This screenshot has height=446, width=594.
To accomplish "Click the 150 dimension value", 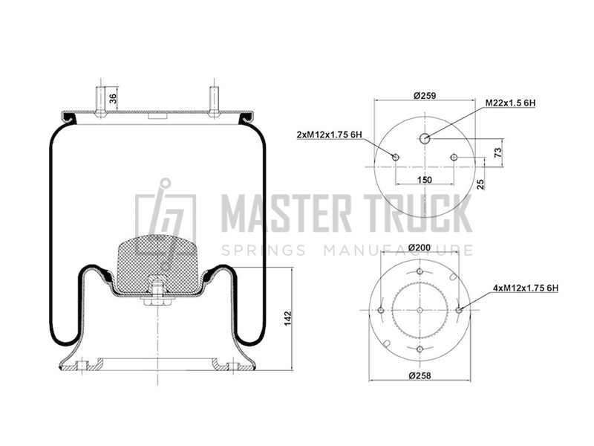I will point(424,179).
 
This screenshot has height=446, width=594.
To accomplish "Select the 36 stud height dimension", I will point(113,97).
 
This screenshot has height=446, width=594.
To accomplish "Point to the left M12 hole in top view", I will point(396,157).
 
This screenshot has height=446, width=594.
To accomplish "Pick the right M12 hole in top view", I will point(454,157).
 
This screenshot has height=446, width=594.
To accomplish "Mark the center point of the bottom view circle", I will point(420,310).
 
